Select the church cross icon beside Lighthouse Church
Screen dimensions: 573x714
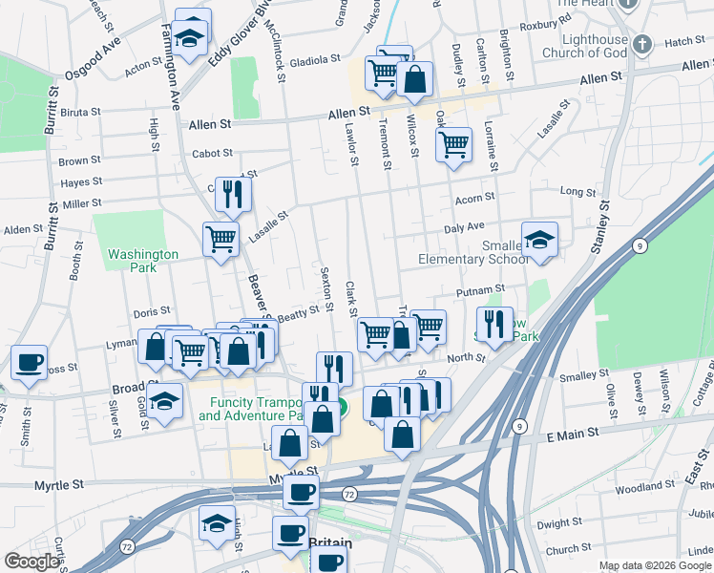(x=642, y=44)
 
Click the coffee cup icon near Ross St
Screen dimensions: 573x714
(x=29, y=362)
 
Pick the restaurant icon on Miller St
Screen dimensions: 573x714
(x=232, y=194)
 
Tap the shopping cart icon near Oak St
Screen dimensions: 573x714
(x=453, y=145)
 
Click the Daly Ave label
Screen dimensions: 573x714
(x=464, y=228)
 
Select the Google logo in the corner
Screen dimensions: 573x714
(x=31, y=562)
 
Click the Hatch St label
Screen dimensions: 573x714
(x=683, y=42)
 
